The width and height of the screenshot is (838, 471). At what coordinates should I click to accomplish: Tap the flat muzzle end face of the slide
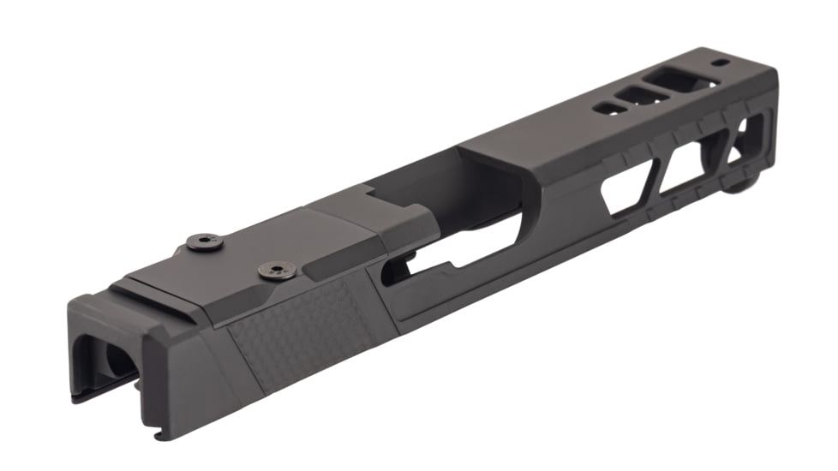[x=765, y=128]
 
